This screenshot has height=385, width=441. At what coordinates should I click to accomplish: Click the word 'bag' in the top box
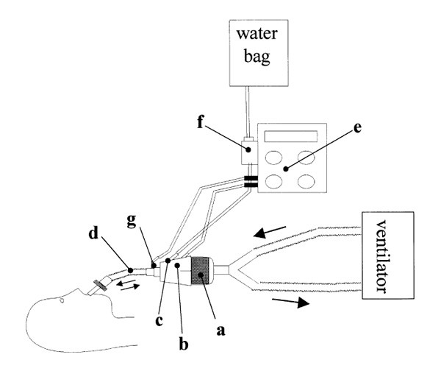tap(254, 56)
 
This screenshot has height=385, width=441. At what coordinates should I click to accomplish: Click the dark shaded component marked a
tap(201, 269)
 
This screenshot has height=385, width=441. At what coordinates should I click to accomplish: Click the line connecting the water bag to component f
tap(247, 110)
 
